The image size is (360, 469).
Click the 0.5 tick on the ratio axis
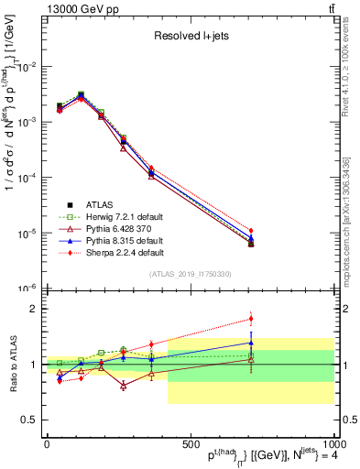pyautogui.click(x=29, y=420)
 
